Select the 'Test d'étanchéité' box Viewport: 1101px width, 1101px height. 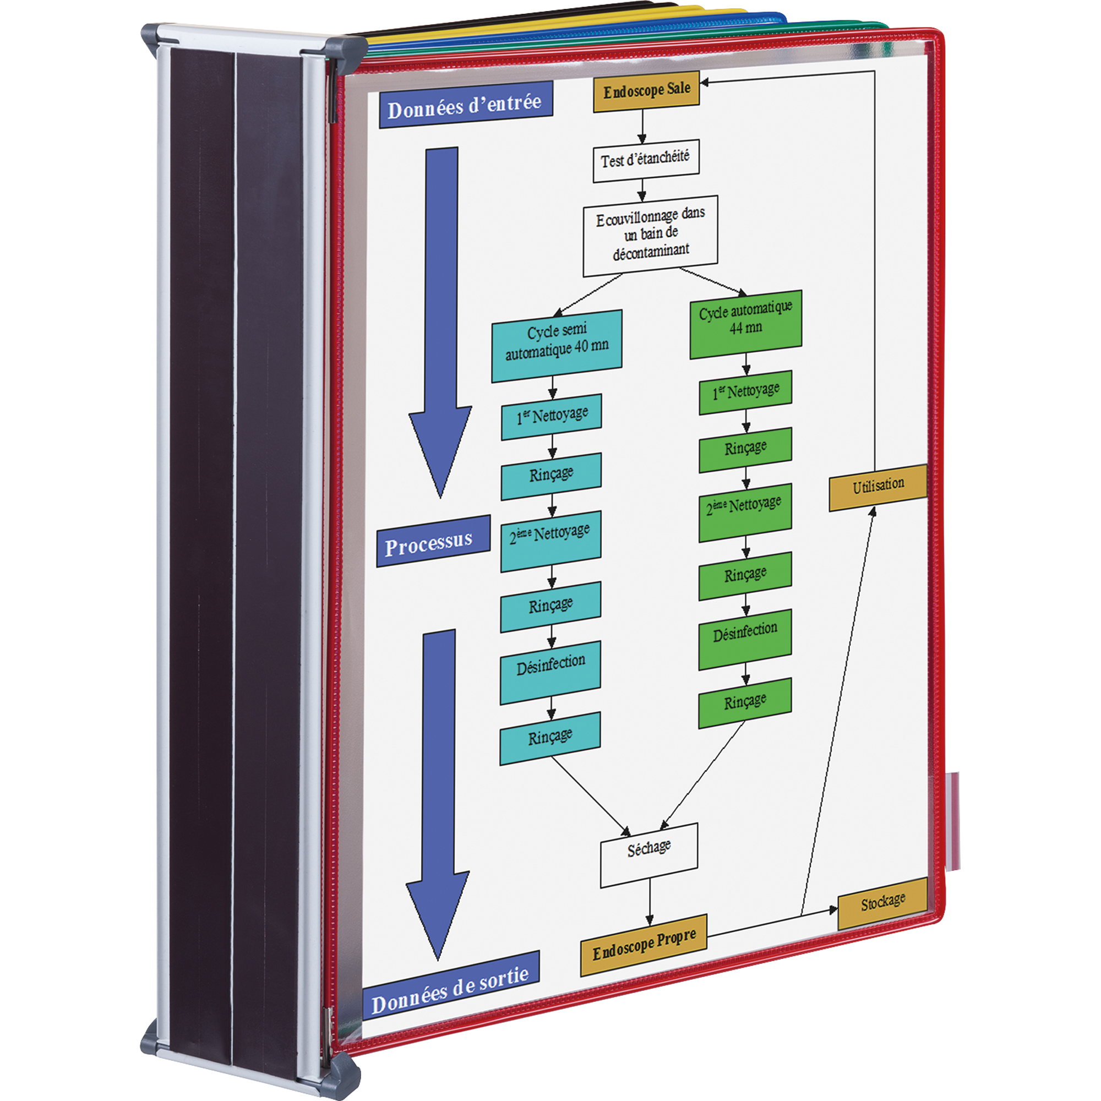click(646, 161)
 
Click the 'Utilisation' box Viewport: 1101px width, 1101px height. click(877, 486)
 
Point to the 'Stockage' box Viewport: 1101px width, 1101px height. click(882, 903)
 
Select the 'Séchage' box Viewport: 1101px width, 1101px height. click(648, 853)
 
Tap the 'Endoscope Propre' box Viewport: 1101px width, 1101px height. click(644, 945)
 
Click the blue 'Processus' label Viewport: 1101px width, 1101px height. click(433, 542)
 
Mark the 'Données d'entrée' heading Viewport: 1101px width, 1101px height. click(465, 105)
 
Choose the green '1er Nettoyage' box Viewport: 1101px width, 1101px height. click(745, 393)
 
